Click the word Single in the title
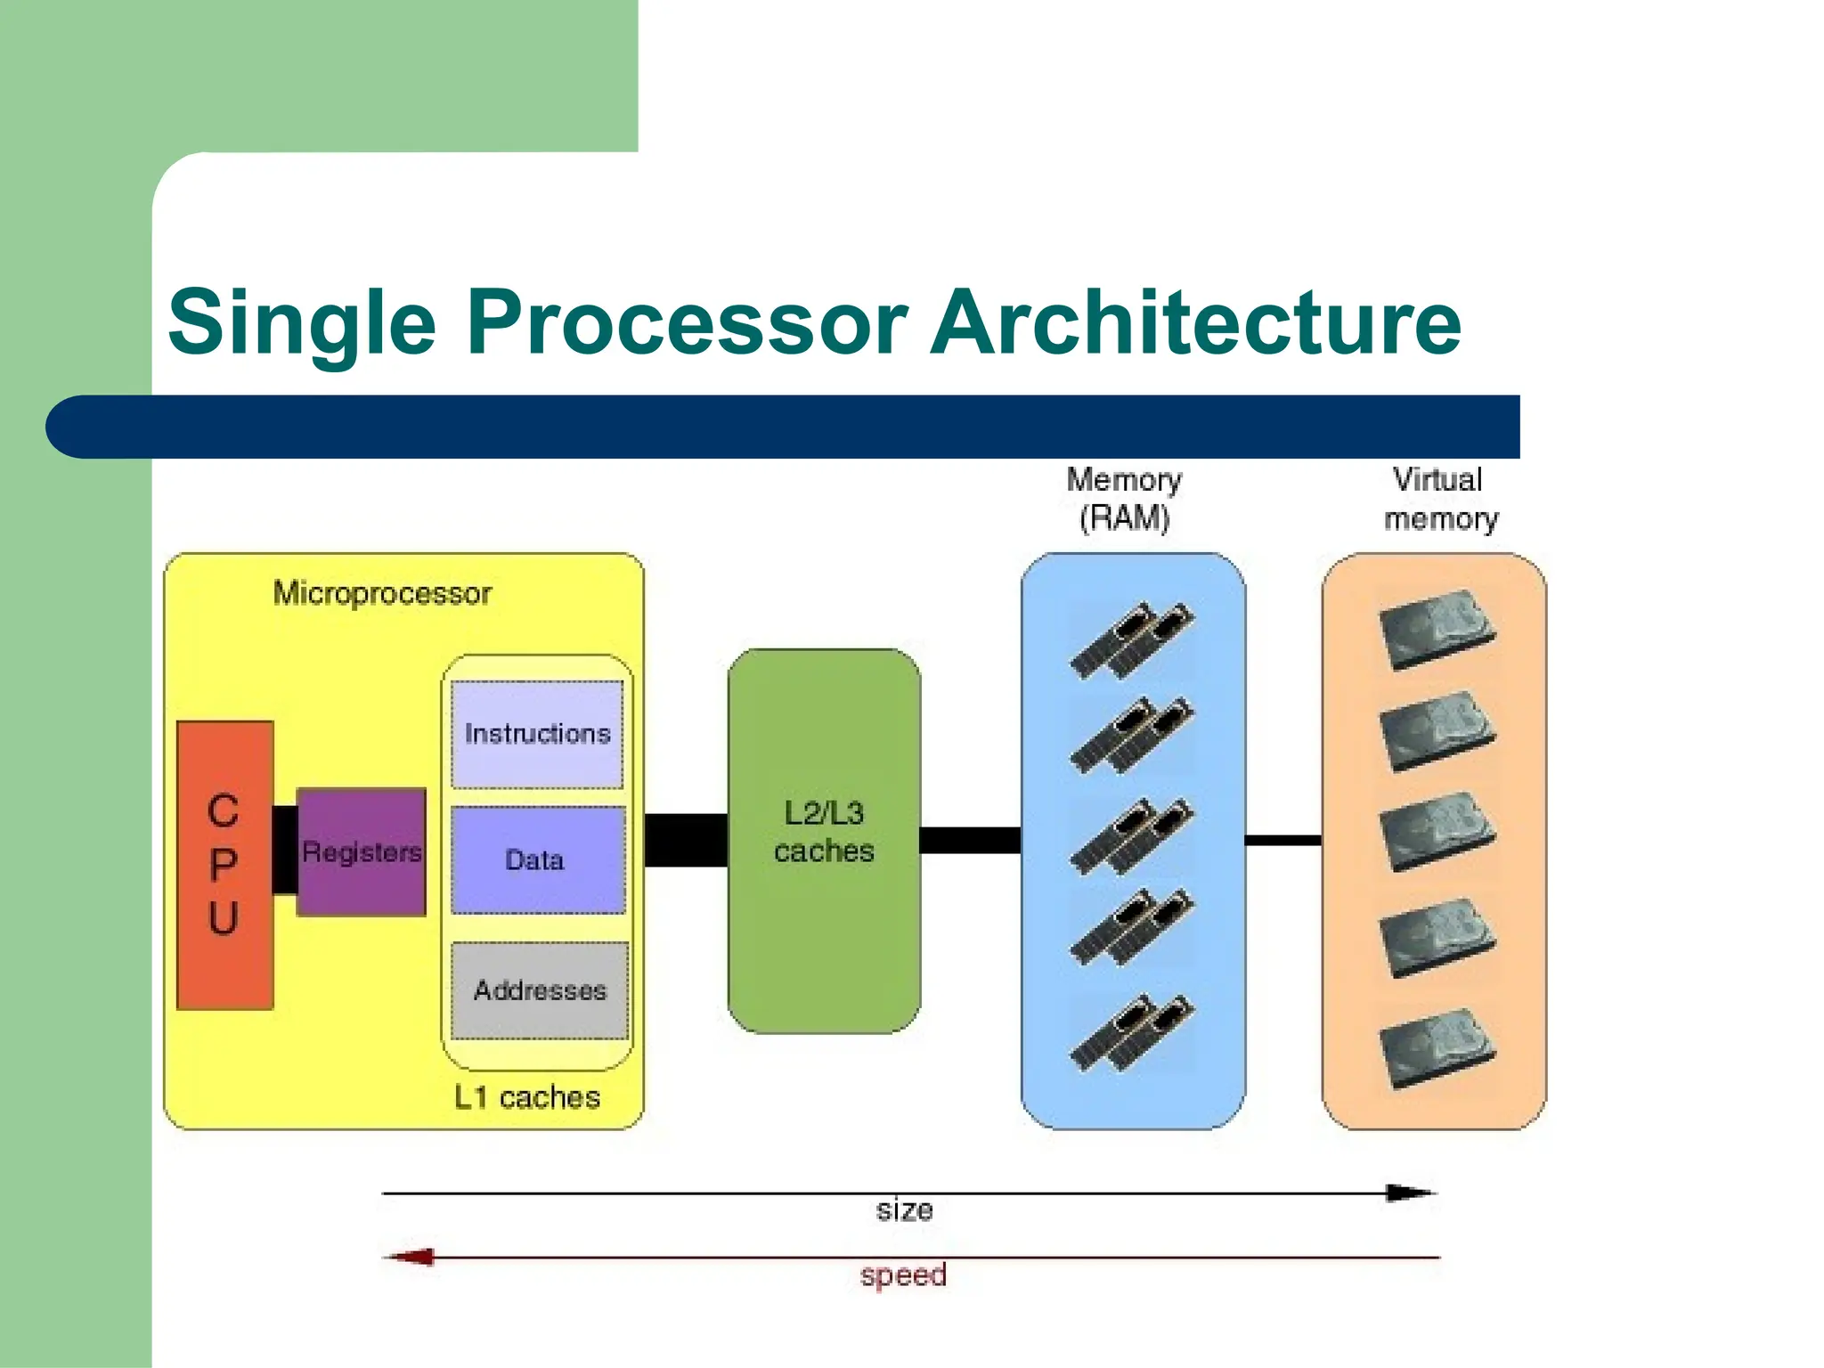[x=302, y=322]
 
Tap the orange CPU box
[x=224, y=865]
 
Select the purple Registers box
[x=361, y=852]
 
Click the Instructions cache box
[x=537, y=734]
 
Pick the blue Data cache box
[x=537, y=860]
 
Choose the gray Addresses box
[x=539, y=990]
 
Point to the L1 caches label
[x=526, y=1097]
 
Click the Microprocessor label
[x=382, y=593]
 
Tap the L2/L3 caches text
[x=824, y=832]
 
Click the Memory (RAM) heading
[x=1124, y=499]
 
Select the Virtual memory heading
[x=1439, y=499]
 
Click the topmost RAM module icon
[x=1132, y=639]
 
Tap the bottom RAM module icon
[x=1132, y=1033]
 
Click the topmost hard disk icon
[x=1436, y=629]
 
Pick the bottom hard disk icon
[x=1436, y=1047]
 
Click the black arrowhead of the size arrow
[x=1411, y=1193]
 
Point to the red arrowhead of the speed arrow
[x=411, y=1258]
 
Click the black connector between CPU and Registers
[x=285, y=850]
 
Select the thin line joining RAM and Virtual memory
[x=1282, y=840]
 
